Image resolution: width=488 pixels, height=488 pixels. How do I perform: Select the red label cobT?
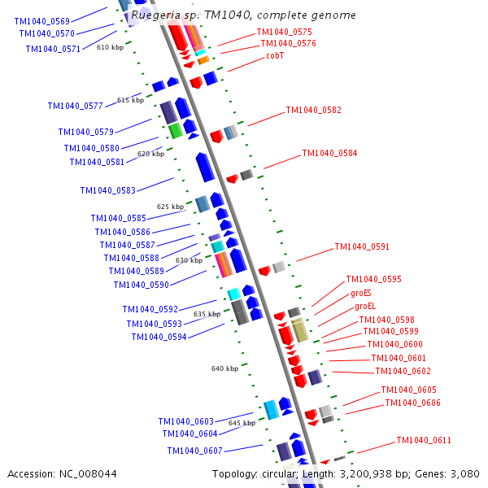(x=275, y=56)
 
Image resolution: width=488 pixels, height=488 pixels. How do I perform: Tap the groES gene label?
(x=361, y=293)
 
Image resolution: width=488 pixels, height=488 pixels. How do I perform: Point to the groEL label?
(x=365, y=307)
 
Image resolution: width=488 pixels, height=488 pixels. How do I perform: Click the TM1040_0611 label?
(x=424, y=441)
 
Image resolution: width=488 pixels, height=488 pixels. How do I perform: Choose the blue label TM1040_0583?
(x=107, y=190)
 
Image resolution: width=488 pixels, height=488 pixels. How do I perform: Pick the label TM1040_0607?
(x=195, y=451)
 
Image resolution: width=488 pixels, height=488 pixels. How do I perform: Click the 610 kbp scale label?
(x=110, y=48)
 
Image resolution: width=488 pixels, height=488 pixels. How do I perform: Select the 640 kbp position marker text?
(x=224, y=368)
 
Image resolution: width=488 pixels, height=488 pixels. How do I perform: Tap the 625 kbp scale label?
(x=170, y=207)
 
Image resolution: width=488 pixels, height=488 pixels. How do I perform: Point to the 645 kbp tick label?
(x=242, y=423)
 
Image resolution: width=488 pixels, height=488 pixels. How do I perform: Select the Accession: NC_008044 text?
(x=62, y=474)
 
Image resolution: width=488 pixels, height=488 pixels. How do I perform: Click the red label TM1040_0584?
(x=329, y=153)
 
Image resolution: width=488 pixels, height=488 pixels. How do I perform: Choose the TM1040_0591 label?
(x=362, y=247)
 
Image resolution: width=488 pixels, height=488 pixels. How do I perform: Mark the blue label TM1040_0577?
(x=75, y=106)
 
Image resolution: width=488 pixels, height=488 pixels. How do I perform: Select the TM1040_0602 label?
(x=403, y=371)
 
